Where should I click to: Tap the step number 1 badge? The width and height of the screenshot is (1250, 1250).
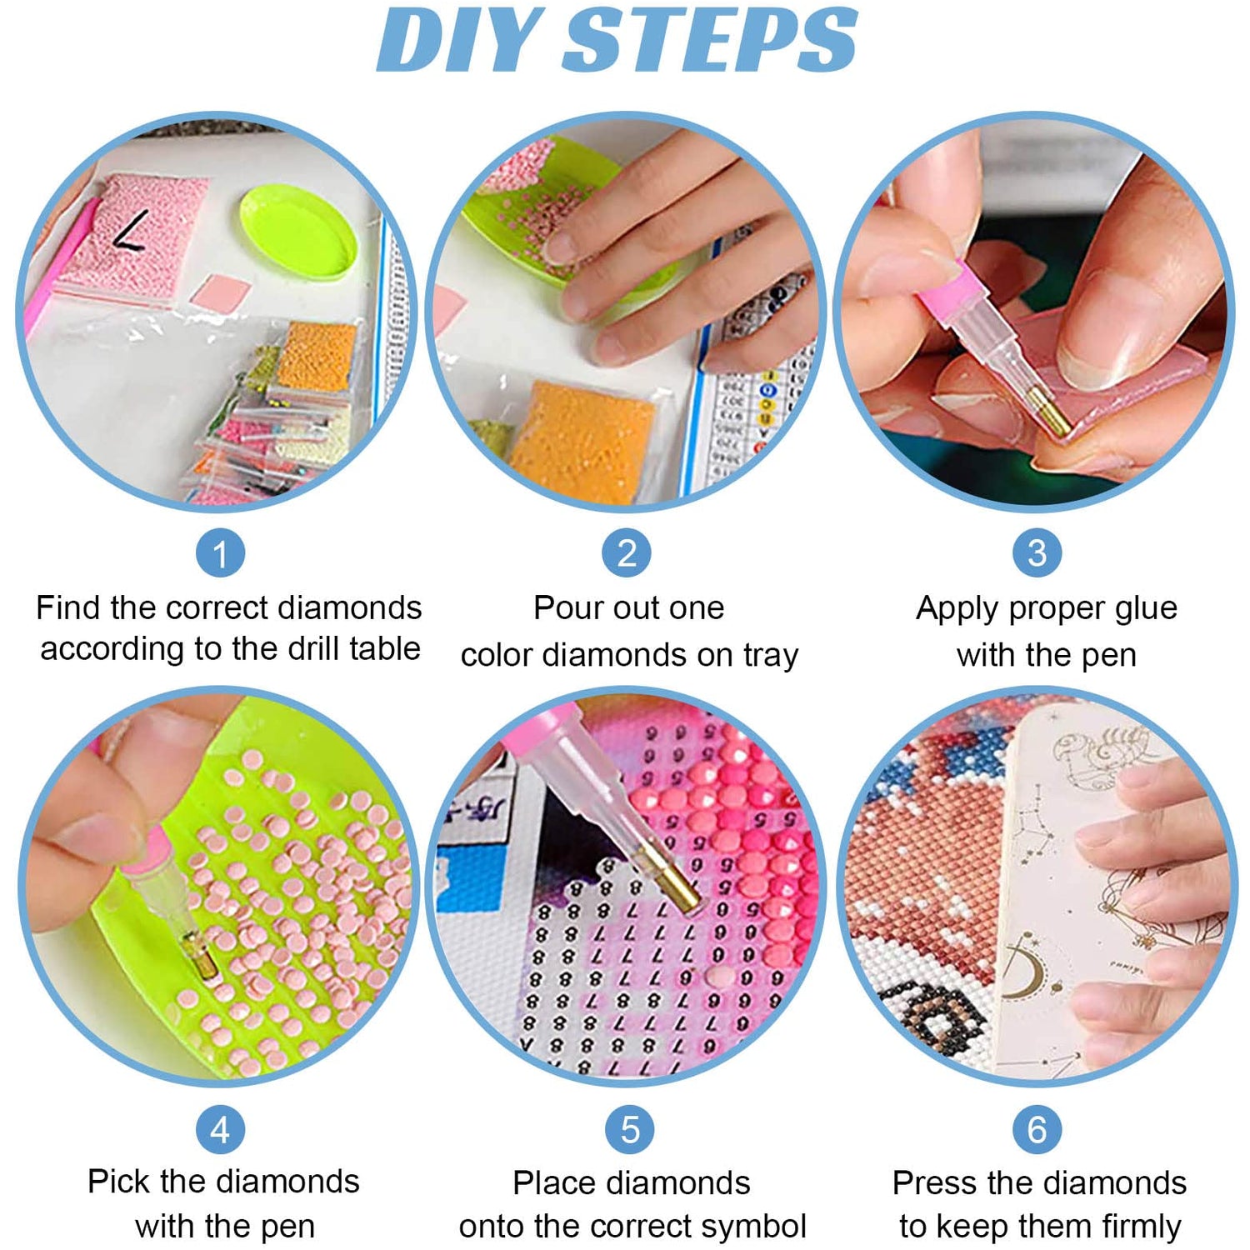[220, 553]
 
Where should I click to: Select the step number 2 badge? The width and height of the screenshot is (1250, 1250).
[627, 553]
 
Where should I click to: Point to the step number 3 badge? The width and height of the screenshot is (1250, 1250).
[1037, 553]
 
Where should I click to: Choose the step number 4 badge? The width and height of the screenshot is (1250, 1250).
[220, 1130]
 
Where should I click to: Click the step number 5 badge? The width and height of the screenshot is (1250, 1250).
[629, 1130]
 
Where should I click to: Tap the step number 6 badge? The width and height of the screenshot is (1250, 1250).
[1037, 1130]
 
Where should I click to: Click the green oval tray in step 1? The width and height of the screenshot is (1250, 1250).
[297, 231]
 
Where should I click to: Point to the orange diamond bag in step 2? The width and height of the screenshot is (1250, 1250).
[581, 442]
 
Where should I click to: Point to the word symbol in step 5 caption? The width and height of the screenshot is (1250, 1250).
[753, 1227]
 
